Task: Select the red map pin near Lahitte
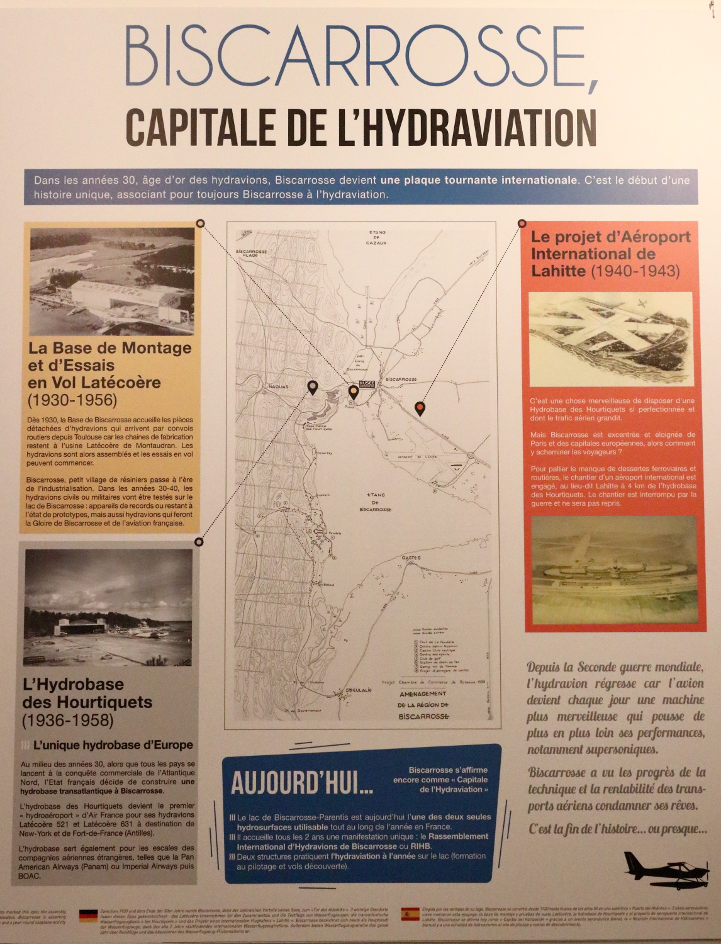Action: (x=420, y=409)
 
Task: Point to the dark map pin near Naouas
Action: (x=312, y=387)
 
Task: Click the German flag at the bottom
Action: (x=88, y=916)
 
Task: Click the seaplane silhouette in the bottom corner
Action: (x=666, y=870)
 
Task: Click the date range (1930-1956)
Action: (x=72, y=400)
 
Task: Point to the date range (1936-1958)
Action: (x=68, y=720)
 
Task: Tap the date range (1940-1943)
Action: (x=635, y=271)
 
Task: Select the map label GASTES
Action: (x=411, y=558)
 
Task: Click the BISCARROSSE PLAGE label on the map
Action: (x=252, y=253)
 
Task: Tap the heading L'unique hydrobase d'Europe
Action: (x=113, y=745)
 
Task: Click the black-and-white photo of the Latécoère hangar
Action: (x=112, y=281)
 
